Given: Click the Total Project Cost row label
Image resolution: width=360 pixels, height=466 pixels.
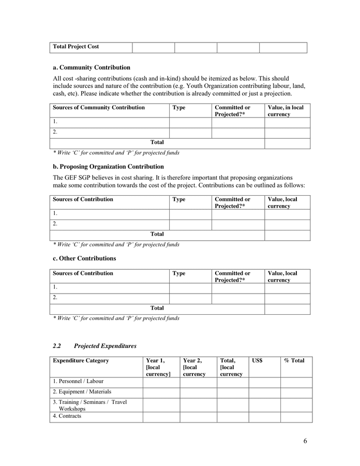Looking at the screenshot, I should point(76,47).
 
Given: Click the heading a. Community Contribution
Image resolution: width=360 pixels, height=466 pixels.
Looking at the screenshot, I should point(92,68).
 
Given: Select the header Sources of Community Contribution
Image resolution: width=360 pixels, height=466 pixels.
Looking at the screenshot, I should point(98,108).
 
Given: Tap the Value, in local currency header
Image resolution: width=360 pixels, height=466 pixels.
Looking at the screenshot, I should point(286,111).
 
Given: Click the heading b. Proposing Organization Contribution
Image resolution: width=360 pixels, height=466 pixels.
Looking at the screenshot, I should point(108,167).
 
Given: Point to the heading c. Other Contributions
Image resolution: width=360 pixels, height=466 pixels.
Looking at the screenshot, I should point(84,258).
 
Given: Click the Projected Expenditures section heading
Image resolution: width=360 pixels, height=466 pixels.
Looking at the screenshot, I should point(105,346).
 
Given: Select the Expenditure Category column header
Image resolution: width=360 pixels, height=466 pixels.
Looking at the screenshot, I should point(81,361).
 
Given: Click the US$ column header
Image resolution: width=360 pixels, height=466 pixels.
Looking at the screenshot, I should point(257,361).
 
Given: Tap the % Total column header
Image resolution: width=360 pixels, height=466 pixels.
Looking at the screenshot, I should point(294,361).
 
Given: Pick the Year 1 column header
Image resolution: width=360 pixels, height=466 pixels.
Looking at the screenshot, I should point(158,367).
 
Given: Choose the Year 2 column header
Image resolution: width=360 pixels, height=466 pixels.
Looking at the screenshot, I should point(194,367).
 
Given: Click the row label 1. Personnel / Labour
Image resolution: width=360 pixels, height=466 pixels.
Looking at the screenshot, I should point(78,382).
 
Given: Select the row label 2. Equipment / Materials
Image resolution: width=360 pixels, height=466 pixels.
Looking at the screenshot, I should point(82,392).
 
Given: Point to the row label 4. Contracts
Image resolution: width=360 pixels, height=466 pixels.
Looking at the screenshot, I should point(67,416).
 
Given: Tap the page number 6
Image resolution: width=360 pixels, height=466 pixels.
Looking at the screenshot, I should point(305,441).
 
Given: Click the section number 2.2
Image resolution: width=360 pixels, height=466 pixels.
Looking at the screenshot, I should point(57,346).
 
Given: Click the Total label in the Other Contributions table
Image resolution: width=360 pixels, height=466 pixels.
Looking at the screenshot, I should point(157,308).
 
